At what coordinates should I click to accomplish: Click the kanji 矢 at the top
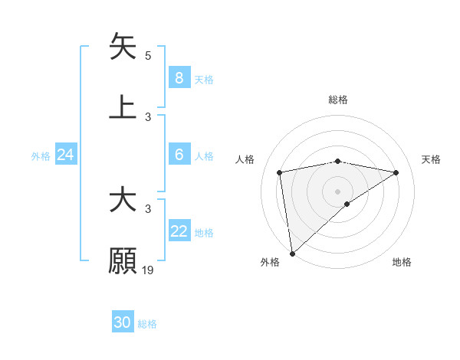[x=123, y=47]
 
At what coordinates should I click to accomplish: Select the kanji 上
[x=123, y=106]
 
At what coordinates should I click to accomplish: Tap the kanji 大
[x=123, y=201]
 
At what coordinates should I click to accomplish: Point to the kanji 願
[x=123, y=260]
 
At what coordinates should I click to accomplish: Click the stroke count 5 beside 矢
[x=148, y=56]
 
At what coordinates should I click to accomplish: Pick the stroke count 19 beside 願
[x=148, y=270]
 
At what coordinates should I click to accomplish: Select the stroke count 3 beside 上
[x=148, y=116]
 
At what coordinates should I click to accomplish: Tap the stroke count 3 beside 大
[x=148, y=208]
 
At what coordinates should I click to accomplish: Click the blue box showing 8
[x=179, y=77]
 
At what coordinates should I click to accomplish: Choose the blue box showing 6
[x=179, y=155]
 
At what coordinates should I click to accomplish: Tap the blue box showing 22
[x=179, y=231]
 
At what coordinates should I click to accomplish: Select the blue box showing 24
[x=65, y=155]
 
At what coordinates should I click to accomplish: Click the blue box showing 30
[x=123, y=322]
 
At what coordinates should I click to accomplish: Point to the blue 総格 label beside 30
[x=147, y=324]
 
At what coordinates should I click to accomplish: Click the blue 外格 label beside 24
[x=41, y=156]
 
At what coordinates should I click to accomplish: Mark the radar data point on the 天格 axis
[x=396, y=172]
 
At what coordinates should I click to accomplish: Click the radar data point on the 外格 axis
[x=291, y=253]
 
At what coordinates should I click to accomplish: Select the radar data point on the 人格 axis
[x=280, y=172]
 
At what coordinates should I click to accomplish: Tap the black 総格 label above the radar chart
[x=338, y=100]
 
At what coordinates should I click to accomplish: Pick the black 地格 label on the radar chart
[x=402, y=262]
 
